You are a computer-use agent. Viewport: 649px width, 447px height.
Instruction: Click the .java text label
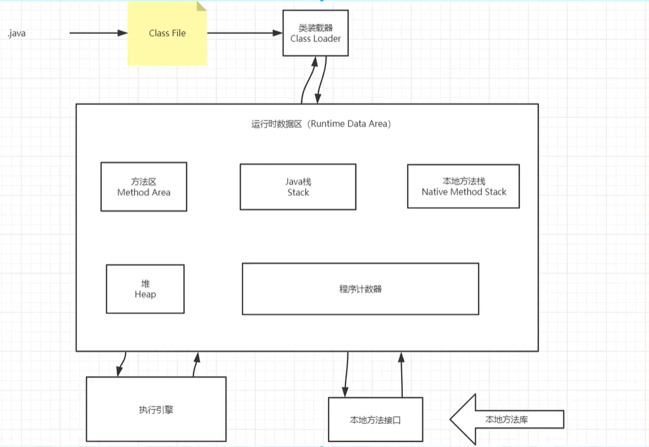tap(17, 33)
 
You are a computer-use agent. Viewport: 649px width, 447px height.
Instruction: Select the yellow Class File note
tap(167, 33)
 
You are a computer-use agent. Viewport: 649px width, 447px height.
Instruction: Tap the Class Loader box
tap(316, 33)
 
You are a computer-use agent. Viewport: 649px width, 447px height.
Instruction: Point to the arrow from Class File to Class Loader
tap(244, 33)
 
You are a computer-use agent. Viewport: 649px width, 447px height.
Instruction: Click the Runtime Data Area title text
tap(321, 123)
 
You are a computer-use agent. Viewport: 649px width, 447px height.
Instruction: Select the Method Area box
tap(144, 187)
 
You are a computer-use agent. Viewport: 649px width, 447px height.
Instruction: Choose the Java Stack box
tap(298, 187)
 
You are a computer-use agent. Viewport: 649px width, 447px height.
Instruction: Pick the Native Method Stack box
tap(464, 187)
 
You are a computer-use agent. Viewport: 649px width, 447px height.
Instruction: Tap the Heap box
tap(145, 289)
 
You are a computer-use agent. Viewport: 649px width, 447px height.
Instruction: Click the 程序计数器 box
tap(360, 289)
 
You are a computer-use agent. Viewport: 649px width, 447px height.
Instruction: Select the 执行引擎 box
tap(156, 409)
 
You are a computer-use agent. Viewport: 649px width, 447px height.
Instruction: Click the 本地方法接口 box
tap(376, 420)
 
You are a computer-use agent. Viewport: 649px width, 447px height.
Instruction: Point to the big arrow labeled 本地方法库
tap(506, 419)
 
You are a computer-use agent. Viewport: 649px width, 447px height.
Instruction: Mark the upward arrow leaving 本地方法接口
tap(402, 375)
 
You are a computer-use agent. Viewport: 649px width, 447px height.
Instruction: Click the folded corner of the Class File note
tap(201, 6)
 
